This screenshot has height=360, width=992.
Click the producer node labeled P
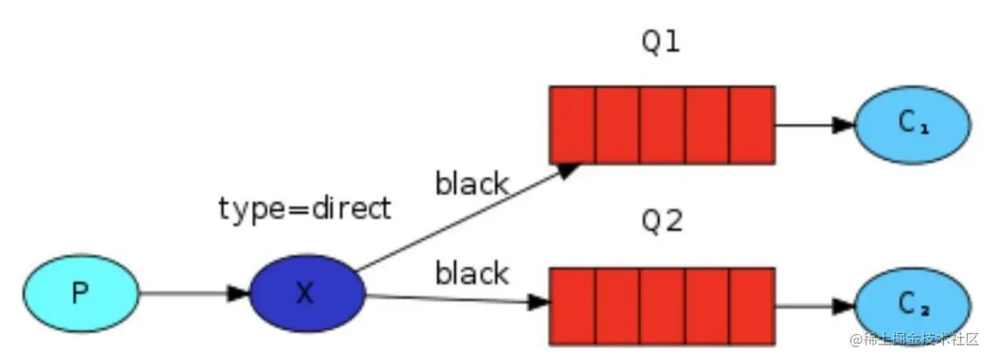pos(80,293)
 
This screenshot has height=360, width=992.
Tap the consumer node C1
pos(912,123)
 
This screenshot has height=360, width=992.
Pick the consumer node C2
pos(912,305)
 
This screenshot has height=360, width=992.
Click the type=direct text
pos(305,208)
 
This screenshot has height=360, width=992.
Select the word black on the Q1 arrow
pos(472,184)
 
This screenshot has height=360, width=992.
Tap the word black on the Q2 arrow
pos(472,273)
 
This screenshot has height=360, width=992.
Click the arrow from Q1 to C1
pos(815,125)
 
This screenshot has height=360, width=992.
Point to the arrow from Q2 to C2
pos(815,306)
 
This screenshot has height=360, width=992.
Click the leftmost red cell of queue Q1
pos(573,125)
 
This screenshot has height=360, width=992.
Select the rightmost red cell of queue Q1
pos(752,125)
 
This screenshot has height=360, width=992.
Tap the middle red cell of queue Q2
pos(662,306)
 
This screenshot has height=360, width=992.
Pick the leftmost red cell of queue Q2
pos(573,306)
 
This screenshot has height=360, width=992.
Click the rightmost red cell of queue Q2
pos(752,306)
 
